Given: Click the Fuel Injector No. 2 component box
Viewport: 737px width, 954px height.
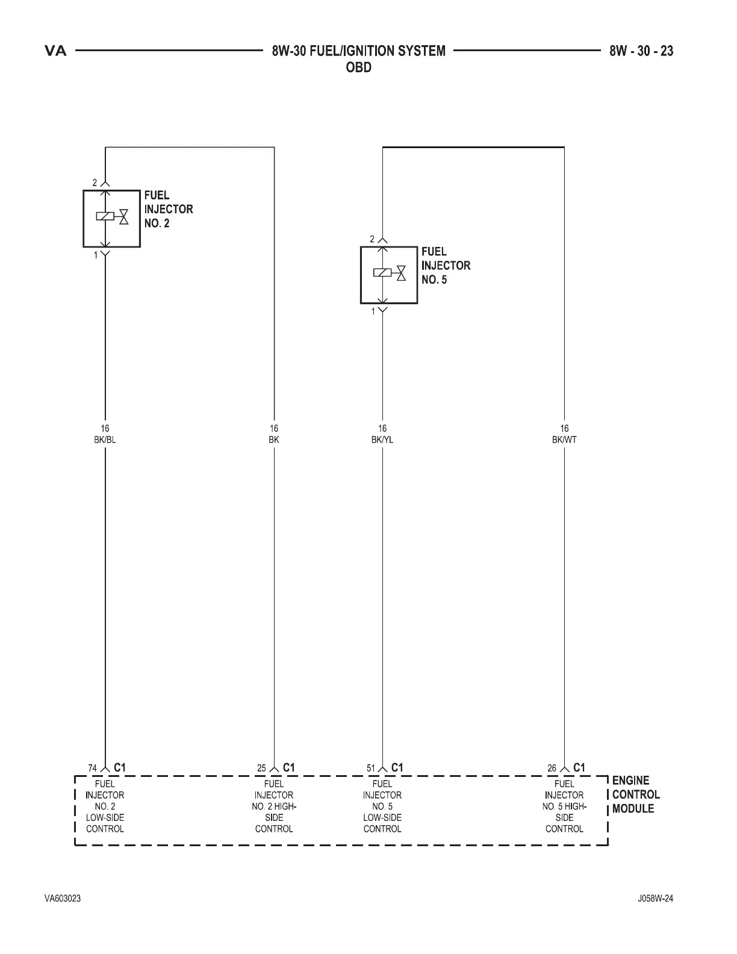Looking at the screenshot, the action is click(111, 219).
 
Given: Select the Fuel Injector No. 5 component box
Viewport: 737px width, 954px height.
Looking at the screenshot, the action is click(389, 275).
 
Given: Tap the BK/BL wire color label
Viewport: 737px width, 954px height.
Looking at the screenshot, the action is click(105, 440).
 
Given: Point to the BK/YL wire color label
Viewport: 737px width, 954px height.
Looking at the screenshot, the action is click(382, 440).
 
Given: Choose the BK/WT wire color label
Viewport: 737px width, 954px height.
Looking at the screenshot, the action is click(564, 440).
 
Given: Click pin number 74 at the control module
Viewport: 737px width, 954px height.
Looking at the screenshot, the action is click(93, 768).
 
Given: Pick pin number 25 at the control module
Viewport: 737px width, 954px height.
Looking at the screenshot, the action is click(261, 768).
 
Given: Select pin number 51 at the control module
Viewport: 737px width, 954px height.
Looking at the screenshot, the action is click(371, 768).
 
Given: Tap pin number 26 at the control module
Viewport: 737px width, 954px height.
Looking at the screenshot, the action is click(552, 768).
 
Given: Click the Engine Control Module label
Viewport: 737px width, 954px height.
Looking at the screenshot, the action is click(636, 794).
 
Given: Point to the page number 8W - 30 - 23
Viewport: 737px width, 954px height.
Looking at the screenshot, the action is click(641, 51).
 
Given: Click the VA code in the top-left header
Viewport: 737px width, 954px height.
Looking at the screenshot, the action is click(56, 51).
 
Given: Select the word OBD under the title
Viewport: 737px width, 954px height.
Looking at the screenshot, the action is click(359, 67).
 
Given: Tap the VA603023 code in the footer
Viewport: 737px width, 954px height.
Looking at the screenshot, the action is click(63, 899).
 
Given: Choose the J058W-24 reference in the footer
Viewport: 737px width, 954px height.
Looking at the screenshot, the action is click(655, 899).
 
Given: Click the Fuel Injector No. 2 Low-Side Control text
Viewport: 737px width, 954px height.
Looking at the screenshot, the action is click(105, 806).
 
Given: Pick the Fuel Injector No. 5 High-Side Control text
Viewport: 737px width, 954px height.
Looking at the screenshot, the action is click(564, 806).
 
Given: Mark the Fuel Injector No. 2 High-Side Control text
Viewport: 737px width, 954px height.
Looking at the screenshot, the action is click(274, 806).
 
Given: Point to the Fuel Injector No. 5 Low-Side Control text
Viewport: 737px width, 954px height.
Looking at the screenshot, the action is click(382, 806).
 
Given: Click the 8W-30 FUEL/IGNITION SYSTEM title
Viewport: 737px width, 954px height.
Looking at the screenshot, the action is click(359, 51).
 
